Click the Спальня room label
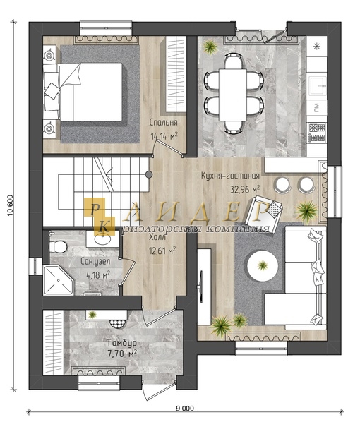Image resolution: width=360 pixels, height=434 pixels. pos(163,122)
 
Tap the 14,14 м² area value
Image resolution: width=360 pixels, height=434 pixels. pos(164,135)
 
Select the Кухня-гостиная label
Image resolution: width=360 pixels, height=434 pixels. pos(230,176)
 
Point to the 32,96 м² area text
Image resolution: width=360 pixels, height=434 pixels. pos(245,189)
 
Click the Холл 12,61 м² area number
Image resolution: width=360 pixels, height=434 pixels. pos(163,251)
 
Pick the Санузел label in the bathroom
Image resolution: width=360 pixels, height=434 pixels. pos(95,261)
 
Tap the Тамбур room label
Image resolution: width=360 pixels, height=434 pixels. pos(122,343)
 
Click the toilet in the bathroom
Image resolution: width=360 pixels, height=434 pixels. pos(58,246)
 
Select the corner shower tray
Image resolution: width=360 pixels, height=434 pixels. pos(59,280)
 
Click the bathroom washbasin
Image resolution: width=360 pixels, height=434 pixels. pos(103,239)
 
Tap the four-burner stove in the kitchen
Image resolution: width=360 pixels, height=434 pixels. pos(317,133)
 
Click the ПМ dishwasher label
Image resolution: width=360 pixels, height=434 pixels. pos(317,107)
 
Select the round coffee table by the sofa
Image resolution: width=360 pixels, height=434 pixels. pos(263,266)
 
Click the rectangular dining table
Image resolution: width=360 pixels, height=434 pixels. pos(233,95)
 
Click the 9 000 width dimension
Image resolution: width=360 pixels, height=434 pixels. pos(185,409)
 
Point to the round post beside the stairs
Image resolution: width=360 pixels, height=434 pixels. pos(149,174)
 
